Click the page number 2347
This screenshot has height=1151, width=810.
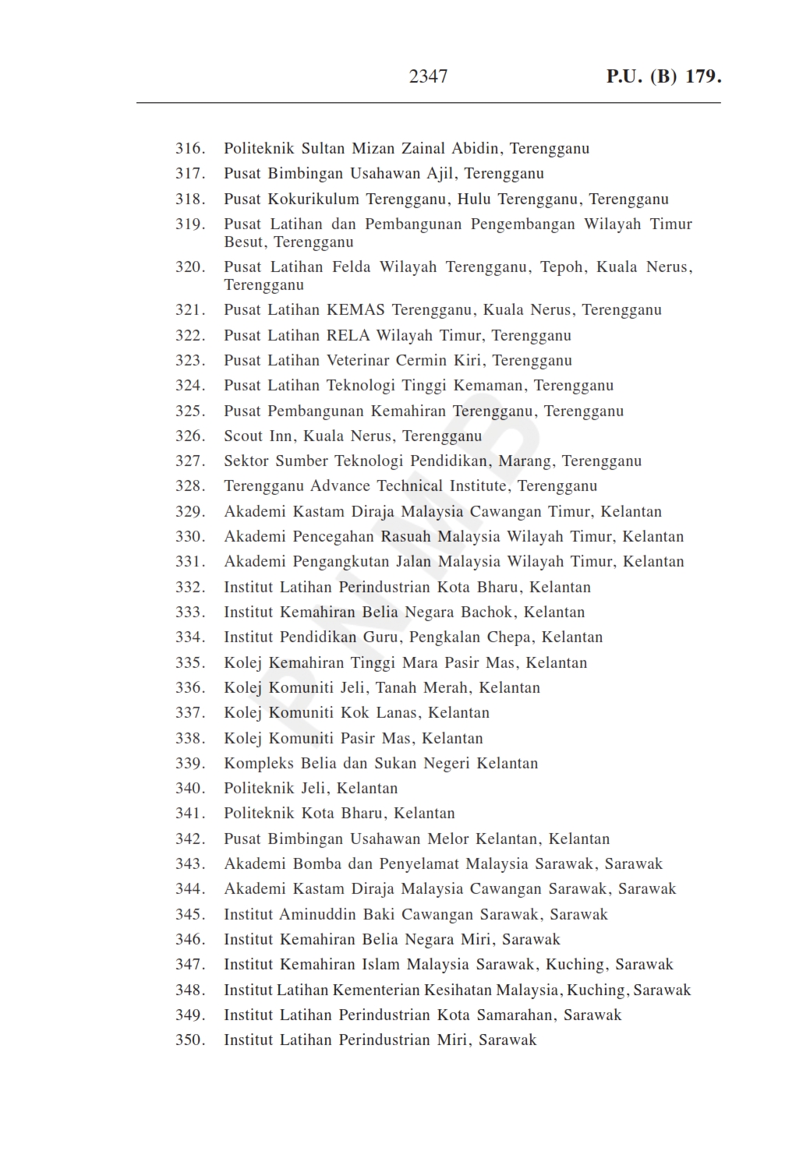tap(428, 76)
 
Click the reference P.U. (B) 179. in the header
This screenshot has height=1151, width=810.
tap(663, 76)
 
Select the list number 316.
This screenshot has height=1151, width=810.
tap(190, 149)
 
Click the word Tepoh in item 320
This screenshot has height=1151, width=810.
tap(562, 267)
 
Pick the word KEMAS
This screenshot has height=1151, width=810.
tap(355, 310)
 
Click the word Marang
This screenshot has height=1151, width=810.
tap(525, 461)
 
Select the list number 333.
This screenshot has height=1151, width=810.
tap(190, 612)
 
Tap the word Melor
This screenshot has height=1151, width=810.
tap(448, 839)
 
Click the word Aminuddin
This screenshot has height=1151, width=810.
tap(318, 914)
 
